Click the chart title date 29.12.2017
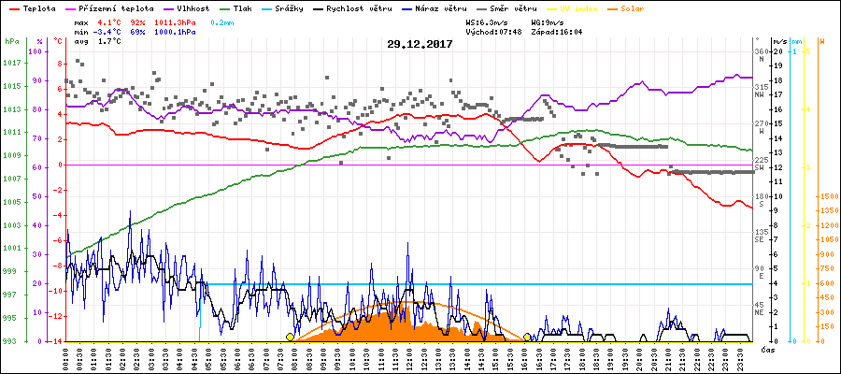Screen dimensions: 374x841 420,44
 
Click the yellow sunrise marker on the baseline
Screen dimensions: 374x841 291,338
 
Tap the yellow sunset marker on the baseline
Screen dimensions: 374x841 528,338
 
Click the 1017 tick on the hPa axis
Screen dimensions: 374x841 12,64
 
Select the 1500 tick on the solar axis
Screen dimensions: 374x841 828,196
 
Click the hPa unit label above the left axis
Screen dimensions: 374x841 10,42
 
